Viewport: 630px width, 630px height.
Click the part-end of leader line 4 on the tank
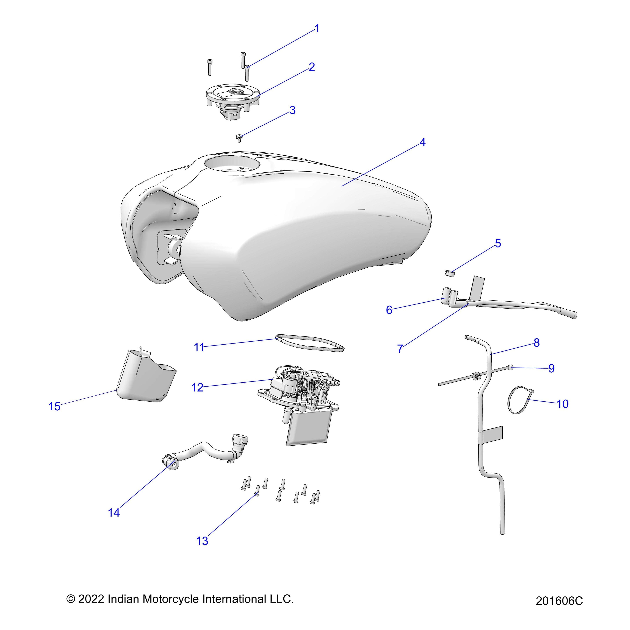[342, 186]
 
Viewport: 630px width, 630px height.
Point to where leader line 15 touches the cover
[117, 390]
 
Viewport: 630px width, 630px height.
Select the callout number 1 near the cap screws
[317, 29]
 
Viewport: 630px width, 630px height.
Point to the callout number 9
[551, 368]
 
